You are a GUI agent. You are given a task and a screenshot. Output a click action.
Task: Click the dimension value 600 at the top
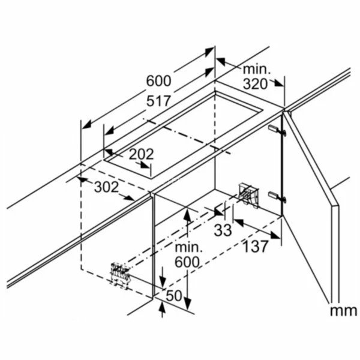tap(158, 80)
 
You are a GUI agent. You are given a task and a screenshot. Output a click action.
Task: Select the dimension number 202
tap(141, 154)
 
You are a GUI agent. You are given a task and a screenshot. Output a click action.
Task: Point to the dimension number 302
tap(106, 187)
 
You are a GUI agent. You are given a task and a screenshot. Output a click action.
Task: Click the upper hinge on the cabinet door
tap(273, 128)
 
